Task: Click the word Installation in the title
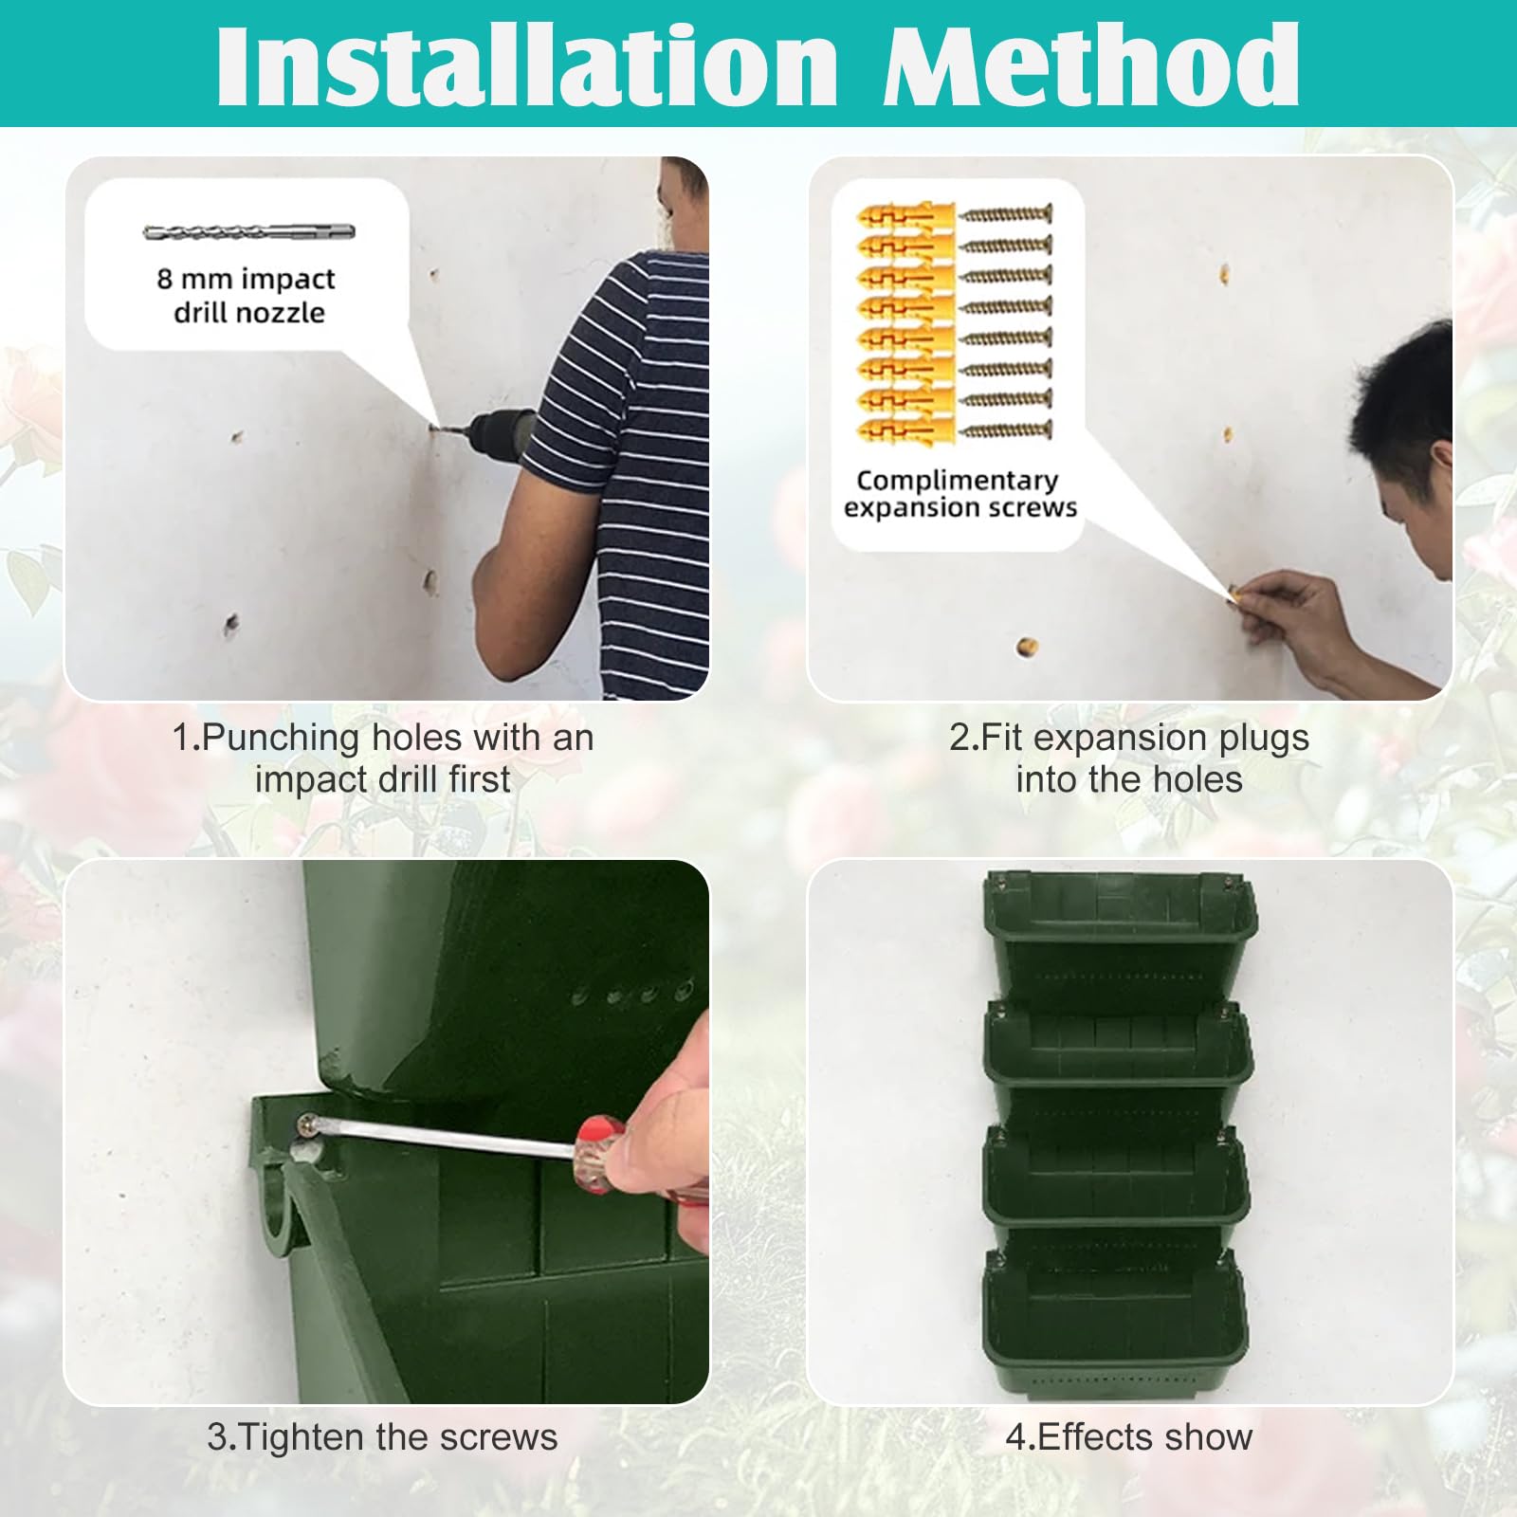pyautogui.click(x=527, y=65)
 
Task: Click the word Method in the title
pyautogui.click(x=1091, y=65)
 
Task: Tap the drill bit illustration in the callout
pyautogui.click(x=249, y=231)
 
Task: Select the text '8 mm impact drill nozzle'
pyautogui.click(x=247, y=295)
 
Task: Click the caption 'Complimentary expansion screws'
pyautogui.click(x=960, y=493)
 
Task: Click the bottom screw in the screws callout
pyautogui.click(x=1005, y=430)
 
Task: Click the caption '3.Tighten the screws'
pyautogui.click(x=382, y=1437)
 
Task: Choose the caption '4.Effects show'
pyautogui.click(x=1129, y=1437)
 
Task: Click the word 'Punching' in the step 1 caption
pyautogui.click(x=281, y=739)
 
